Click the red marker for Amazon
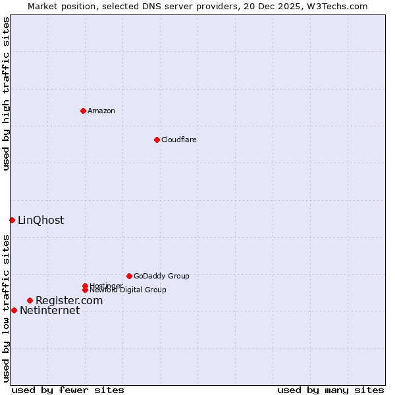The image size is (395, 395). (x=83, y=111)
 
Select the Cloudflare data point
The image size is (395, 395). (x=157, y=140)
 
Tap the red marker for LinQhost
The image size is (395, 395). (x=12, y=220)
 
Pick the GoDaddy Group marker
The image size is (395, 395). (x=129, y=276)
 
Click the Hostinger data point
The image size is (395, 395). (x=85, y=286)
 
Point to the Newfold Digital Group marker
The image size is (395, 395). (x=86, y=290)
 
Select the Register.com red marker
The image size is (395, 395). (x=30, y=300)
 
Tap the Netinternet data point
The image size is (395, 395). (x=14, y=310)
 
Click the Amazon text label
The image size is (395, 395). (x=101, y=111)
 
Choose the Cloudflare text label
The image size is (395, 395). (x=178, y=140)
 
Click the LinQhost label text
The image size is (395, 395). (x=41, y=221)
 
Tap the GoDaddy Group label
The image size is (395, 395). (x=161, y=276)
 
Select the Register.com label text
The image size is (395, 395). (x=69, y=300)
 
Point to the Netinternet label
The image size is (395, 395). (x=49, y=311)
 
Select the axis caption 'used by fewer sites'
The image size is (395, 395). (x=68, y=390)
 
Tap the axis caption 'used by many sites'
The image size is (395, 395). (x=330, y=390)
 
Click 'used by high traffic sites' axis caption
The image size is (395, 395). (x=6, y=93)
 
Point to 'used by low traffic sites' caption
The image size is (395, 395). (x=6, y=308)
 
